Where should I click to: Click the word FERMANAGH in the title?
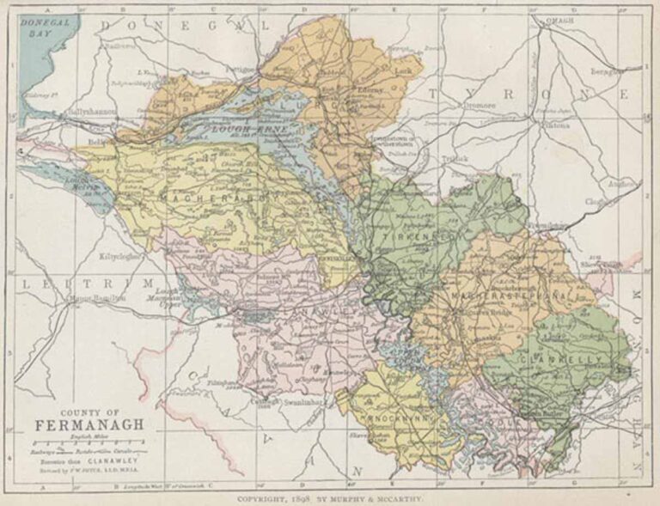tap(89, 424)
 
